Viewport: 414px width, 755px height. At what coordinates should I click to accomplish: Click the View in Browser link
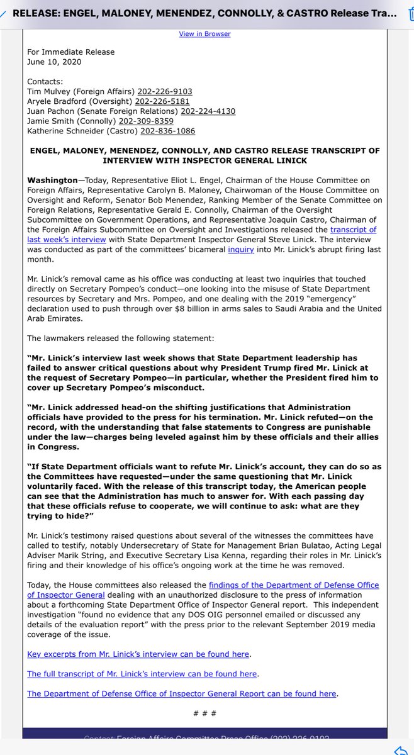click(x=204, y=33)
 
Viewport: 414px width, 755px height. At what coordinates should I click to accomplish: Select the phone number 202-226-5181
click(x=162, y=101)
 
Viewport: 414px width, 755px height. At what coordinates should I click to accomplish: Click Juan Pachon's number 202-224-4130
click(x=208, y=111)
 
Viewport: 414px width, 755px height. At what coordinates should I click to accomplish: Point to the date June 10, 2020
click(x=54, y=62)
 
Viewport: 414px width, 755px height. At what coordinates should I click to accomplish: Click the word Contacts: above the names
click(x=45, y=81)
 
